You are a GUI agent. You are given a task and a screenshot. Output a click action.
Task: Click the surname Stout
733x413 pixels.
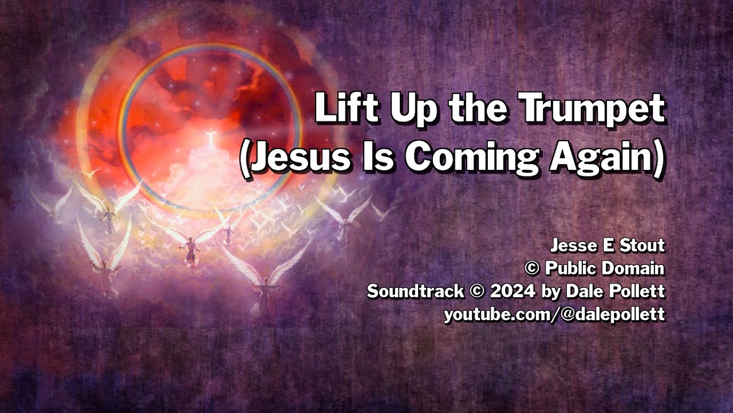click(643, 246)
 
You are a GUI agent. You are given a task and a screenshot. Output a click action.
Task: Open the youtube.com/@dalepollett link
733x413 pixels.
click(554, 314)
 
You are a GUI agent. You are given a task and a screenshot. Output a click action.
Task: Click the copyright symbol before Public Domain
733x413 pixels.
click(533, 268)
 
